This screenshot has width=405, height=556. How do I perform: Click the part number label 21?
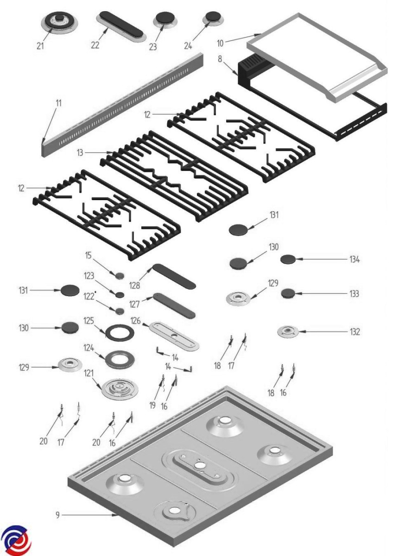[40, 46]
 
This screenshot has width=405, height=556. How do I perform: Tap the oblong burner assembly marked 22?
[121, 26]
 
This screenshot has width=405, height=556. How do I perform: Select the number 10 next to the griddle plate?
[220, 44]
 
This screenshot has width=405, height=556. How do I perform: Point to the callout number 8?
[220, 59]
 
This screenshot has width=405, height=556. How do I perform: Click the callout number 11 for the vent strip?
[58, 103]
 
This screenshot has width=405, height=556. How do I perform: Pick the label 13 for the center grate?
[80, 152]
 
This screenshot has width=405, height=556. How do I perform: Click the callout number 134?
[354, 259]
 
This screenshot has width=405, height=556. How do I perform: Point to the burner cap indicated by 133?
[288, 293]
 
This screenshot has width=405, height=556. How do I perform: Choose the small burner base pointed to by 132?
[288, 332]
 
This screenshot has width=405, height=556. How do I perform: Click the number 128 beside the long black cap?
[134, 286]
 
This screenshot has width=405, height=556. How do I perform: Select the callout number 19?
[152, 405]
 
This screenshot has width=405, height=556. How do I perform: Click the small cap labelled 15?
[120, 275]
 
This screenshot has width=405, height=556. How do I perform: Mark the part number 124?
[89, 348]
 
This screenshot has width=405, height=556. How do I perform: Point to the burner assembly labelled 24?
[213, 19]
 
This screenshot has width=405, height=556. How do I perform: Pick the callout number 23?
[153, 47]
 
